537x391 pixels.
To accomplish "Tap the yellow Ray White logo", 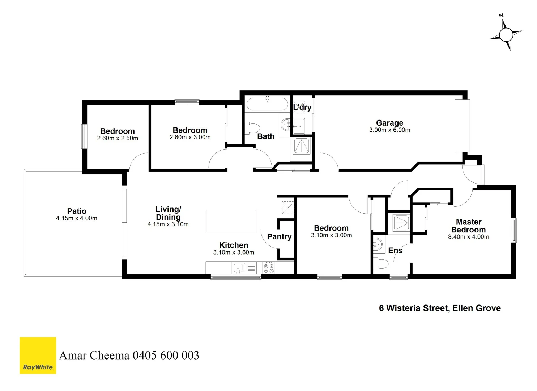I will pyautogui.click(x=38, y=355).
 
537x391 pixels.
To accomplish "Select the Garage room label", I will pyautogui.click(x=389, y=123).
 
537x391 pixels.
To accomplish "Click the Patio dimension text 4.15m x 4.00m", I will pyautogui.click(x=76, y=218).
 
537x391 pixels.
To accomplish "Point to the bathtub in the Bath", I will pyautogui.click(x=267, y=104).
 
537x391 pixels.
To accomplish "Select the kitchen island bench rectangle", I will pyautogui.click(x=231, y=221).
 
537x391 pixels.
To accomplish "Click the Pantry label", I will pyautogui.click(x=279, y=237).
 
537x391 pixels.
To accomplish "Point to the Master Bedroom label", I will pyautogui.click(x=468, y=226).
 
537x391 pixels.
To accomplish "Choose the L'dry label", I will pyautogui.click(x=302, y=108).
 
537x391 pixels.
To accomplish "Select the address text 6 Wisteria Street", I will pyautogui.click(x=440, y=308).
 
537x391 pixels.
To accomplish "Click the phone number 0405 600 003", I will pyautogui.click(x=166, y=356).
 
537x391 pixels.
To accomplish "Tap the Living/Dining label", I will pyautogui.click(x=168, y=213).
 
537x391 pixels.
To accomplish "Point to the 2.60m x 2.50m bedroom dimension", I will pyautogui.click(x=118, y=138).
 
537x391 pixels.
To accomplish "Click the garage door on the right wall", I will pyautogui.click(x=462, y=126).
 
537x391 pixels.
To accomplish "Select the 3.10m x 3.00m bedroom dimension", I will pyautogui.click(x=331, y=235).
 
